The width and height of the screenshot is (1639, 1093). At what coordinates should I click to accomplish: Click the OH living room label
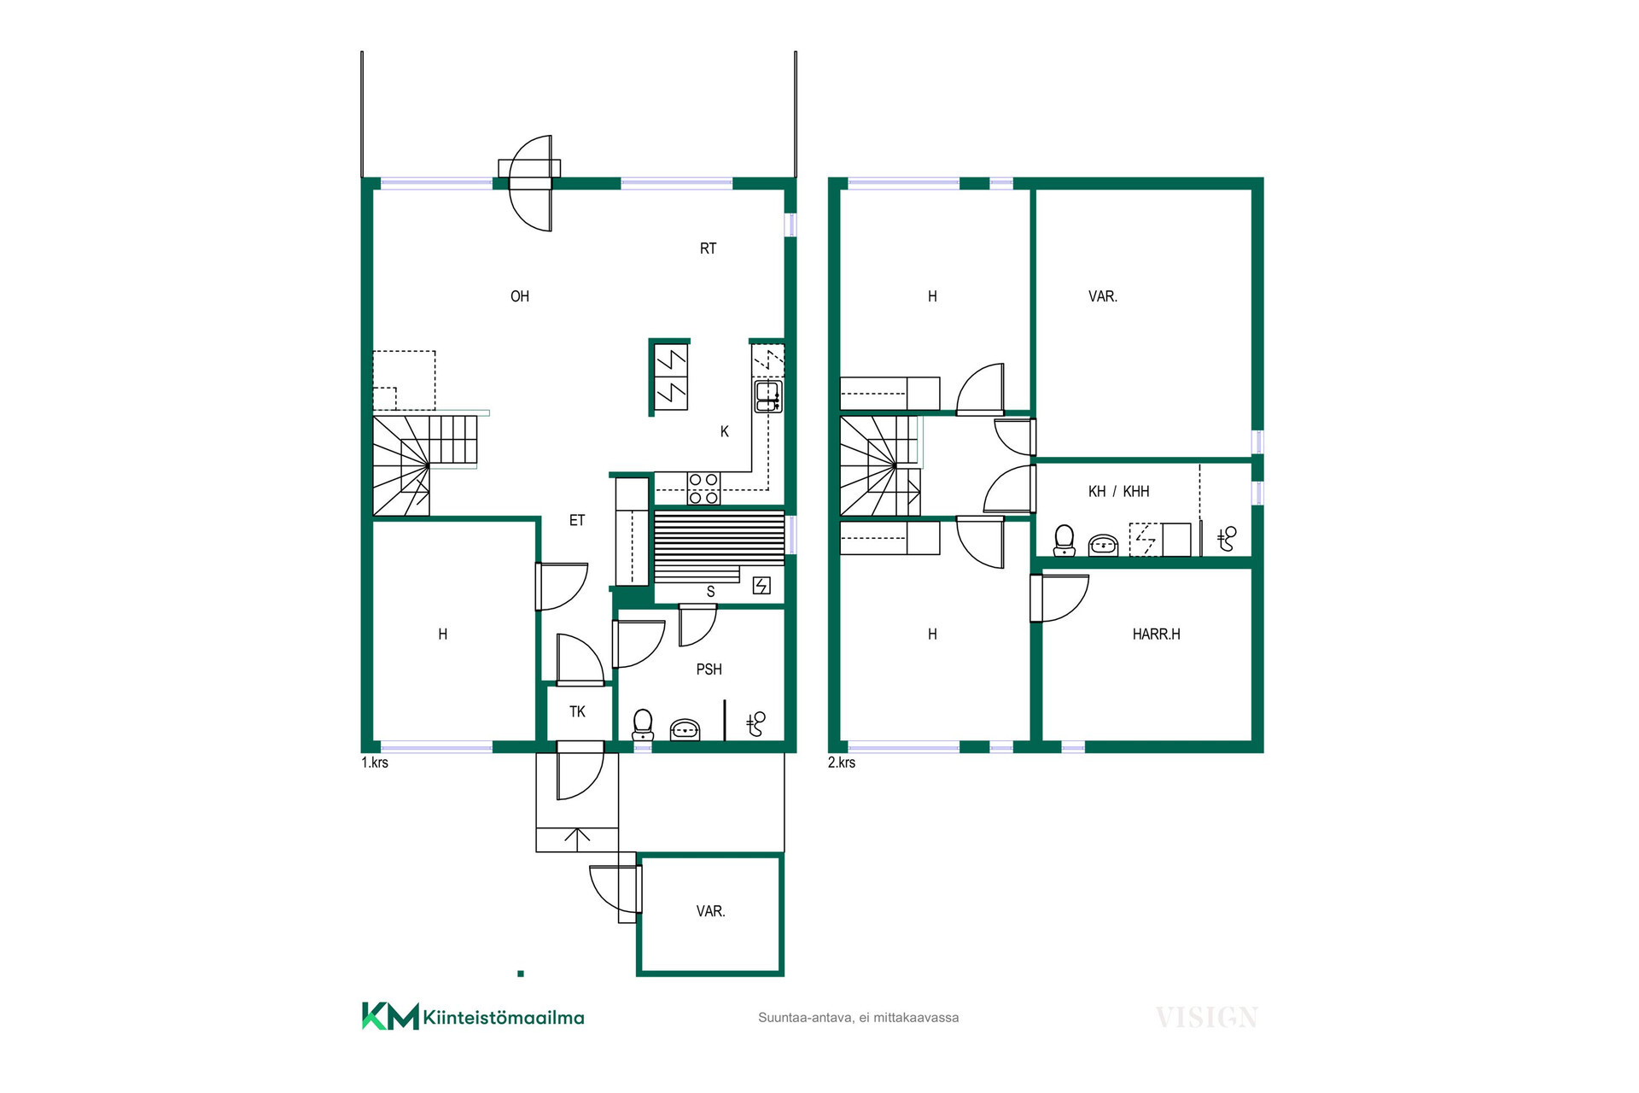click(x=520, y=296)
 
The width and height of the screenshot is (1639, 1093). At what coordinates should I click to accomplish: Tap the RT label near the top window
click(x=708, y=248)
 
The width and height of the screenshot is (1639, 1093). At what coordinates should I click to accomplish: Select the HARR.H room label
click(x=1156, y=634)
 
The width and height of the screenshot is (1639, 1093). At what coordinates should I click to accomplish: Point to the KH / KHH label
click(x=1118, y=492)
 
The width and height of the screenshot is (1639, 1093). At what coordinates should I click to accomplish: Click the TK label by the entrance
click(x=577, y=711)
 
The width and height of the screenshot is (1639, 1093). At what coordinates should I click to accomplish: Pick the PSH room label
click(x=709, y=669)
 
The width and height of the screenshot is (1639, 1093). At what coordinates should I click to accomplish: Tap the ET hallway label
click(x=577, y=520)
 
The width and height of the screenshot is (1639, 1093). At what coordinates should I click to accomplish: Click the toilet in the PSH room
click(x=643, y=725)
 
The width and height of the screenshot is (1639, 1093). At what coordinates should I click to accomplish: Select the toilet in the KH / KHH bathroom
click(x=1064, y=541)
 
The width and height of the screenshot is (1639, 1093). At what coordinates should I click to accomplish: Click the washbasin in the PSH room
click(x=685, y=730)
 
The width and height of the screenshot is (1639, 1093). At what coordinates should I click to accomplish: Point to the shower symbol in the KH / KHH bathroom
click(x=1227, y=538)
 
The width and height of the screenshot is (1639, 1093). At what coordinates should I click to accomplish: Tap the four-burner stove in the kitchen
click(x=703, y=488)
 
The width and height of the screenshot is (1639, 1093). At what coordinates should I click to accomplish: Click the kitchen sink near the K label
click(x=767, y=396)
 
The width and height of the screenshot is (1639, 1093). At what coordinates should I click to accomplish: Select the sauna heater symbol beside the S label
click(x=761, y=585)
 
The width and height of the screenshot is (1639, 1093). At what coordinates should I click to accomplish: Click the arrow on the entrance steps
click(x=577, y=839)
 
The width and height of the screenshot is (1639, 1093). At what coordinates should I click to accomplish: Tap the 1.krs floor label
click(x=375, y=763)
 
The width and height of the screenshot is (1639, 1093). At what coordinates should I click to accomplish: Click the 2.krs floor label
click(x=842, y=763)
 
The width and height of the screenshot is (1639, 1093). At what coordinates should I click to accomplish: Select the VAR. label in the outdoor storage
click(x=710, y=912)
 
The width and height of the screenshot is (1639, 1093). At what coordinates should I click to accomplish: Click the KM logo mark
click(x=390, y=1016)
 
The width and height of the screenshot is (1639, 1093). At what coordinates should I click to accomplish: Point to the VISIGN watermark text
click(x=1206, y=1018)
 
